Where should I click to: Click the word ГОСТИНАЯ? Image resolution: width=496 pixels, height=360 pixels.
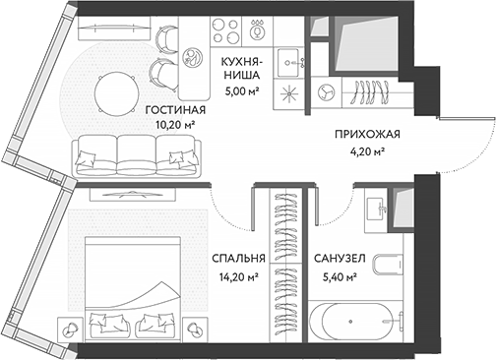174,109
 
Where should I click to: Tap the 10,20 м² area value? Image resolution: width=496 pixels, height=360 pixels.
174,125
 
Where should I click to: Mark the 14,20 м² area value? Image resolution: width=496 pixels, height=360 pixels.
237,276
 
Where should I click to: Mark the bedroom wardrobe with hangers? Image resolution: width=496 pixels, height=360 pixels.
286,266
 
